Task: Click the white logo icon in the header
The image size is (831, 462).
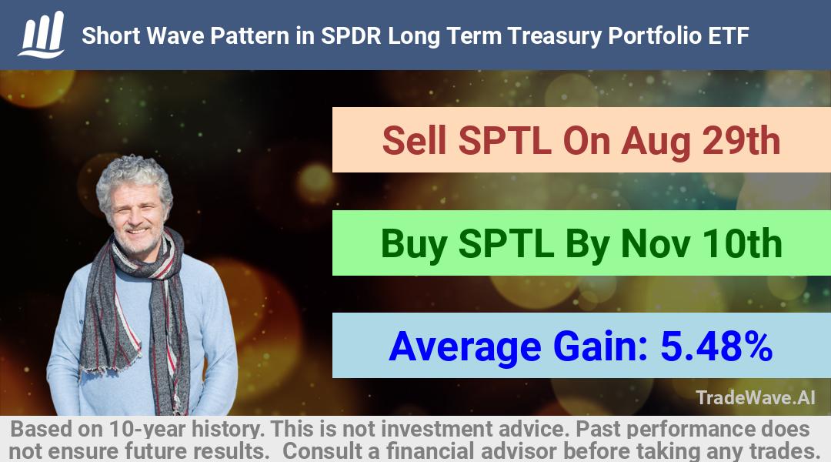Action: (x=42, y=35)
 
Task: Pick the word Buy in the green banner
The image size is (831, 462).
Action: (x=413, y=245)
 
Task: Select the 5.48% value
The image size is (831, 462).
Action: (x=716, y=346)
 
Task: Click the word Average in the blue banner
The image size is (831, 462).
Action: (x=465, y=348)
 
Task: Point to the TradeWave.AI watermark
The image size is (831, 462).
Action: (x=756, y=397)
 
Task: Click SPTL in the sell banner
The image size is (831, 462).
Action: (x=505, y=141)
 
